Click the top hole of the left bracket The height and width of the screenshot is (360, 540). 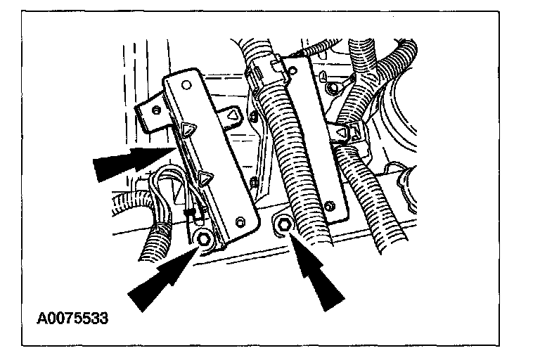tap(186, 84)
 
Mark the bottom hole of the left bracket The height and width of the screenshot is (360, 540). tap(242, 224)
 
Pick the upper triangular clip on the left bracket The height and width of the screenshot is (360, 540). tap(188, 128)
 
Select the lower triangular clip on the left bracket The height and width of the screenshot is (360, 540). tap(206, 179)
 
